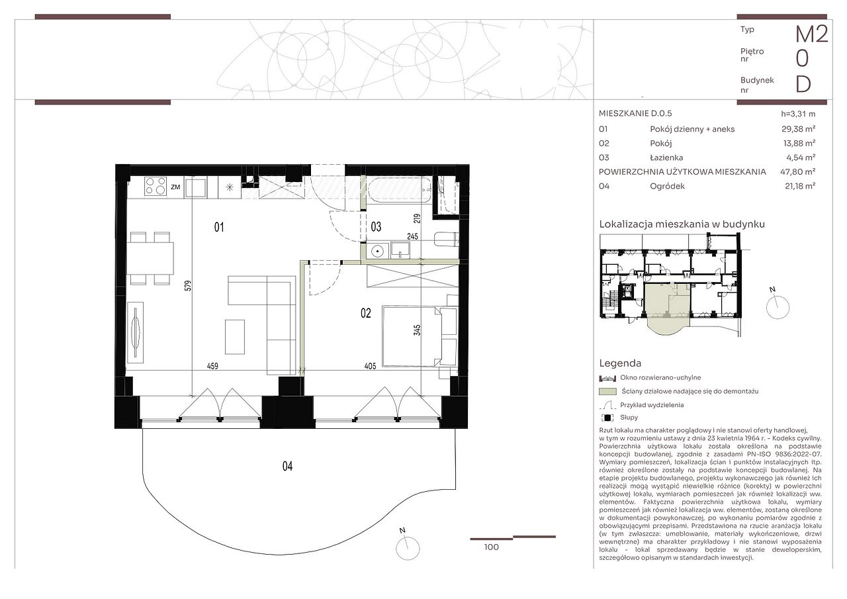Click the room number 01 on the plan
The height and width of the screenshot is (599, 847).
click(x=219, y=227)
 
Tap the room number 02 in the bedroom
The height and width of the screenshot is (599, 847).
click(x=366, y=313)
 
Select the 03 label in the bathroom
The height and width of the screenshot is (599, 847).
click(x=376, y=227)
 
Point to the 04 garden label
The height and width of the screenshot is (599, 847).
click(x=287, y=466)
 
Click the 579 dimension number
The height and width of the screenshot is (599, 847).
click(x=189, y=285)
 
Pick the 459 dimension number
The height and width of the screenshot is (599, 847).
click(x=212, y=366)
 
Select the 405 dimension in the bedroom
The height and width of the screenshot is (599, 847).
click(x=370, y=366)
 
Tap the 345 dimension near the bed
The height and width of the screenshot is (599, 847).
click(x=417, y=330)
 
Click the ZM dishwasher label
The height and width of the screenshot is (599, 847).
click(x=175, y=187)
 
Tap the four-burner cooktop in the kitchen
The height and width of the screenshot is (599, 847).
click(x=156, y=187)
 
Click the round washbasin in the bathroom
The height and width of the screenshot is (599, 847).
click(x=377, y=251)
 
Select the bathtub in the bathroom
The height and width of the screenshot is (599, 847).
click(x=400, y=191)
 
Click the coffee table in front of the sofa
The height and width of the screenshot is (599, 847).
click(x=235, y=337)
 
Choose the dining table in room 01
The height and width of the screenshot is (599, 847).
click(x=150, y=258)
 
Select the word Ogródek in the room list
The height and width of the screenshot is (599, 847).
click(x=668, y=186)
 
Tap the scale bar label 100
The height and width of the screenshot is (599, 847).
click(x=491, y=547)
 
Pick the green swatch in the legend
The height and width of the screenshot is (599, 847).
click(x=607, y=391)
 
